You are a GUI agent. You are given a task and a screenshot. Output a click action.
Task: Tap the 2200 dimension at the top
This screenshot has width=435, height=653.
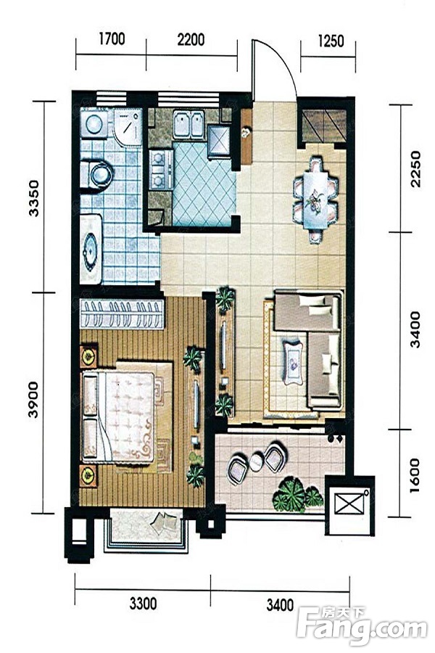coord(191,40)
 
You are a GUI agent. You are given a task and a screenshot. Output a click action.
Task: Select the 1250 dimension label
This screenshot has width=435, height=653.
coord(331,41)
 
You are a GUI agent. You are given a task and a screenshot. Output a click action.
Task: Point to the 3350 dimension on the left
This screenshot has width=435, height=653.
coord(34,198)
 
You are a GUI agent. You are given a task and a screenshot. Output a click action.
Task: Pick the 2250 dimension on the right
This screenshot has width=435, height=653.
coord(415,169)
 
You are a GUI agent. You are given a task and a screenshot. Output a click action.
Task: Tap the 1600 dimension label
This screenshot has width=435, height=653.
coord(415,475)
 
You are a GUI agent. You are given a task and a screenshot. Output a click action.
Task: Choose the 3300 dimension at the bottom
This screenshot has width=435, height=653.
coord(144,604)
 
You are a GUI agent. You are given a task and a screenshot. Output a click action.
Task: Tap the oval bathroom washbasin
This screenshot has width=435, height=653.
coord(90,250)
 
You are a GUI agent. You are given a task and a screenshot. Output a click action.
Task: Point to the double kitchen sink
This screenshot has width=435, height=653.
coord(188,124)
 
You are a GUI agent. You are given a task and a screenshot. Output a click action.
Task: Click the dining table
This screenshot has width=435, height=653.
coord(315,200)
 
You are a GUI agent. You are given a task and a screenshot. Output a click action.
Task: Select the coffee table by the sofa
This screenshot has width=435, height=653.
coord(293,362)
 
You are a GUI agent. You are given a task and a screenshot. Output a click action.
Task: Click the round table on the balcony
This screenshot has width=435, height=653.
coord(257,462)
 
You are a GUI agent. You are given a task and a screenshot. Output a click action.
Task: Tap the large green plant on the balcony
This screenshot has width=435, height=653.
coord(289,494)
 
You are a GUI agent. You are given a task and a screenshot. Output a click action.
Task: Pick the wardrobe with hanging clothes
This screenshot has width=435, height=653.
coord(122,313)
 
